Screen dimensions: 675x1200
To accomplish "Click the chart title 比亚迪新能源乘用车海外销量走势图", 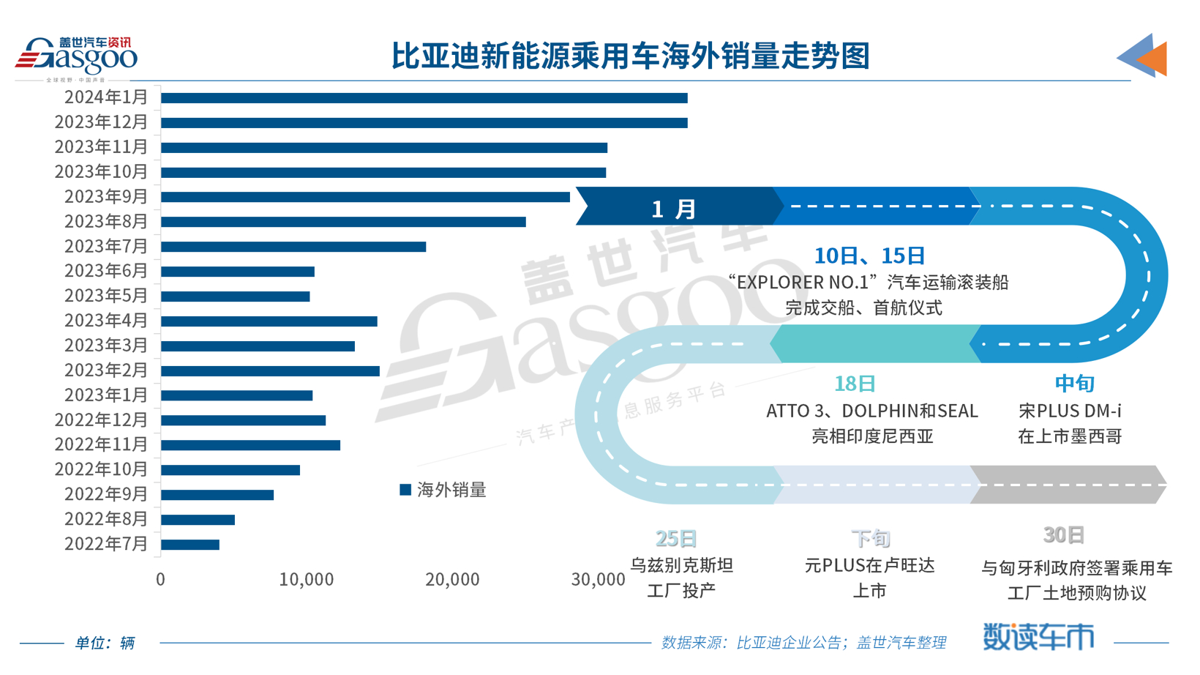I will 630,56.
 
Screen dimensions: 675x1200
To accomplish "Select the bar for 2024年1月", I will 424,98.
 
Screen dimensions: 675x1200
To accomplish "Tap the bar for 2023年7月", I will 293,247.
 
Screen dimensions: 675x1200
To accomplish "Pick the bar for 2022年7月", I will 190,545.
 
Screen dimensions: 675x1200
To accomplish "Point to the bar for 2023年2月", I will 270,371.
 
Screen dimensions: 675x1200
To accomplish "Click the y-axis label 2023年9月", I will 106,197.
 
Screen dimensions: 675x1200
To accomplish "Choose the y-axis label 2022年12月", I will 101,420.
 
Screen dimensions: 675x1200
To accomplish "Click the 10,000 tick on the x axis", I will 306,580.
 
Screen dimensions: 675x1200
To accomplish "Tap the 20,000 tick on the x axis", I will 452,580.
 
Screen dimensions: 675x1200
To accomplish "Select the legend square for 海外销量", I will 405,490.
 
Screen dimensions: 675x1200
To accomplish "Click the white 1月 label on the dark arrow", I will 673,209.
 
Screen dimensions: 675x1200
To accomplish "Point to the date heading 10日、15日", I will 869,256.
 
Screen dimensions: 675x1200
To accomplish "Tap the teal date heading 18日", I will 855,384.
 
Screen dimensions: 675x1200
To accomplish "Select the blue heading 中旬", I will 1074,384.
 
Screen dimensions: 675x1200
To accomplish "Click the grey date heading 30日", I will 1063,535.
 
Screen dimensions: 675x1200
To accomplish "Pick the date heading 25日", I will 675,539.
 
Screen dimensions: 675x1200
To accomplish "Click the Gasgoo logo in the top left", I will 76,57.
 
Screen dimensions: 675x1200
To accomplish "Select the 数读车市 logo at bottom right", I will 1038,636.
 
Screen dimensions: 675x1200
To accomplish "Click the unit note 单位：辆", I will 105,643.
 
